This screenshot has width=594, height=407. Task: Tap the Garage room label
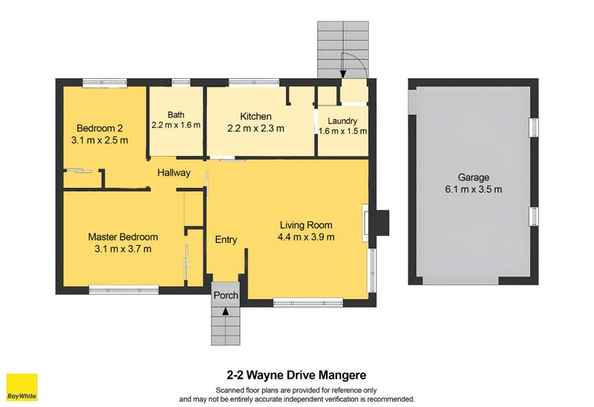[x=473, y=178]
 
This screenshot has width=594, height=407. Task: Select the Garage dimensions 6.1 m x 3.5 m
[x=473, y=189]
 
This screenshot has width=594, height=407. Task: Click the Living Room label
[x=305, y=225]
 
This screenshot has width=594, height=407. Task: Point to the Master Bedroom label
[x=123, y=237]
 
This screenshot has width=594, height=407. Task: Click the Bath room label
[x=176, y=114]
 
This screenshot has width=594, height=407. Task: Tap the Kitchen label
[x=255, y=117]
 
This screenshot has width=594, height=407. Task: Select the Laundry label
[x=342, y=121]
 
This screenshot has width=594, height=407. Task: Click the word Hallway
[x=174, y=173]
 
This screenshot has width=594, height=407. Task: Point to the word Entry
[x=226, y=240]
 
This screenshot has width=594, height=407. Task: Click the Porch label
[x=226, y=296]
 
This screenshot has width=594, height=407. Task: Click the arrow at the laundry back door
[x=343, y=73]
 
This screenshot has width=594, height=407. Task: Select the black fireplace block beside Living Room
[x=381, y=221]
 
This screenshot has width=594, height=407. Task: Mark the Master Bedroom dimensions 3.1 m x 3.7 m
[x=123, y=249]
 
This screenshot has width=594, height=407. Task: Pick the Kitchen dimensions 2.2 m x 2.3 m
[x=255, y=128]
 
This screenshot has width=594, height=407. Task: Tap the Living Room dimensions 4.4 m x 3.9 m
[x=305, y=237]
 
